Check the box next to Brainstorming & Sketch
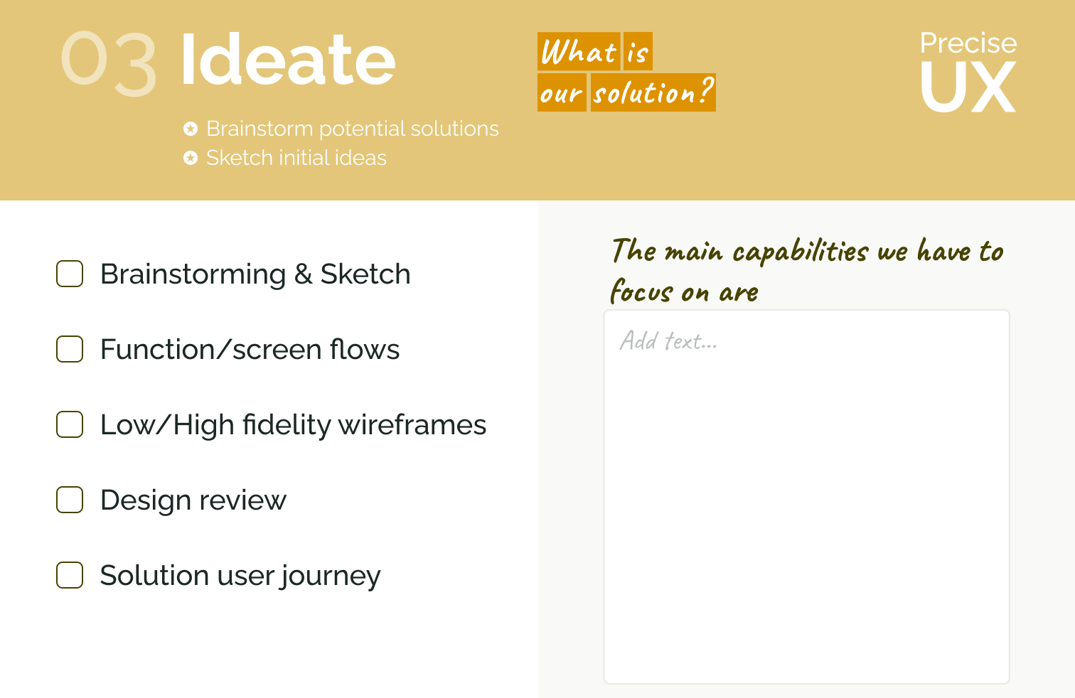click(x=70, y=274)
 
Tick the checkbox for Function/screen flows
click(x=70, y=349)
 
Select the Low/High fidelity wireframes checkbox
click(x=70, y=424)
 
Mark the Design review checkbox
click(x=70, y=500)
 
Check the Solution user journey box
click(x=70, y=575)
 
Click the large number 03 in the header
click(x=109, y=63)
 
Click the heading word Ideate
click(x=288, y=60)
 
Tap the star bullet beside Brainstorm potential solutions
click(x=191, y=129)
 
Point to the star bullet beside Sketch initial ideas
click(x=191, y=158)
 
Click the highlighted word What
click(x=579, y=51)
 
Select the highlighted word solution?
click(x=653, y=92)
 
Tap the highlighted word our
click(x=562, y=92)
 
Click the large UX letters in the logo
click(x=968, y=87)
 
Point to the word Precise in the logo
click(x=968, y=43)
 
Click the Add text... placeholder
click(x=668, y=341)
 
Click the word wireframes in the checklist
click(x=412, y=424)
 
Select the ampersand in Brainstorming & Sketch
click(x=304, y=274)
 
